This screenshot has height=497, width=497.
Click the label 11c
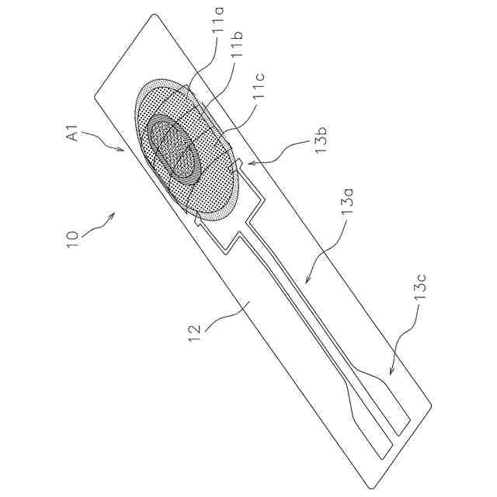pyautogui.click(x=261, y=94)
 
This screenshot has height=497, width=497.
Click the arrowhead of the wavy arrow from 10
pyautogui.click(x=113, y=214)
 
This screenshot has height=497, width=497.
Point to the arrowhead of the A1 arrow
pyautogui.click(x=122, y=150)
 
